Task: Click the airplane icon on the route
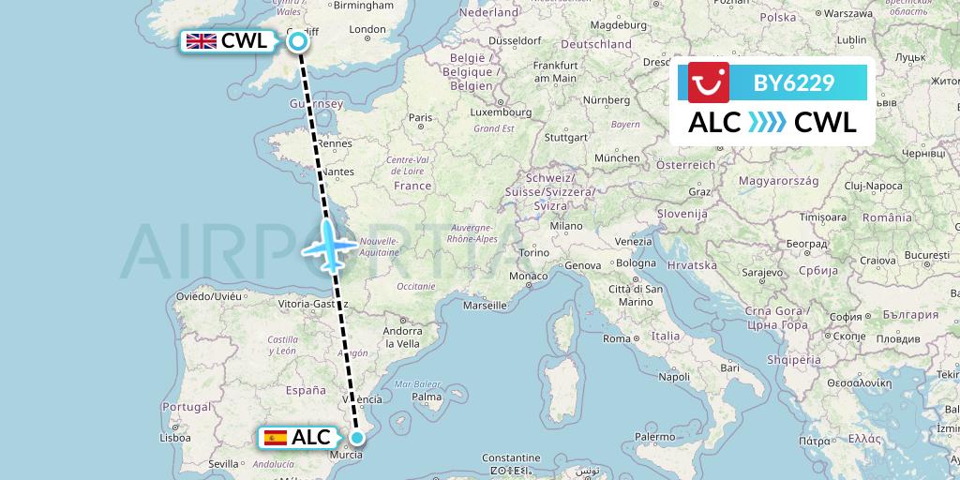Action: [328, 245]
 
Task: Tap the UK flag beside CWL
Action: [201, 40]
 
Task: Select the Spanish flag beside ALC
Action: [276, 437]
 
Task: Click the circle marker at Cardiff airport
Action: [298, 40]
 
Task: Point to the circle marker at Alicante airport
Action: [357, 437]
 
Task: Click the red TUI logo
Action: [709, 82]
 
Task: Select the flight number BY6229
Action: [794, 82]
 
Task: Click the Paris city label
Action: [419, 117]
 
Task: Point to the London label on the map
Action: [367, 29]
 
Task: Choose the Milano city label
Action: [566, 226]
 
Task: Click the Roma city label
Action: [616, 338]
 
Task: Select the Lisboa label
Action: [175, 437]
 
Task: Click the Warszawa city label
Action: [850, 14]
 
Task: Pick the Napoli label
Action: [673, 377]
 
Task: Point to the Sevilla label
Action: [225, 463]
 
